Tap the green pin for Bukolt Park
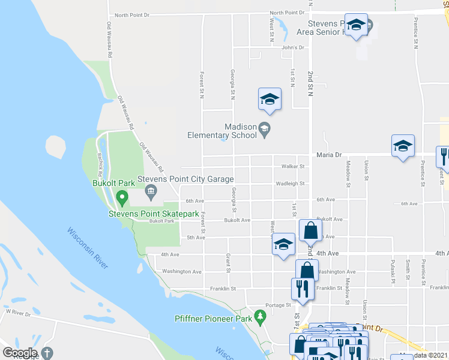click(x=122, y=197)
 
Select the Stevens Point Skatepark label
click(x=153, y=213)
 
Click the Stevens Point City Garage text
click(x=185, y=179)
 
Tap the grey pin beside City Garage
click(x=151, y=192)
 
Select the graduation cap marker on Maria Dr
click(x=403, y=146)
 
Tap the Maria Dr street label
click(x=328, y=154)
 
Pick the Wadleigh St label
click(x=290, y=184)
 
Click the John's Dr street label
click(x=293, y=47)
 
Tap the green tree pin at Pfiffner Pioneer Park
click(x=260, y=316)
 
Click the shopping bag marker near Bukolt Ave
click(x=311, y=230)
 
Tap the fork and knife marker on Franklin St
click(x=300, y=289)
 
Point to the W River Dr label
click(x=17, y=312)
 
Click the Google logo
click(x=19, y=353)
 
